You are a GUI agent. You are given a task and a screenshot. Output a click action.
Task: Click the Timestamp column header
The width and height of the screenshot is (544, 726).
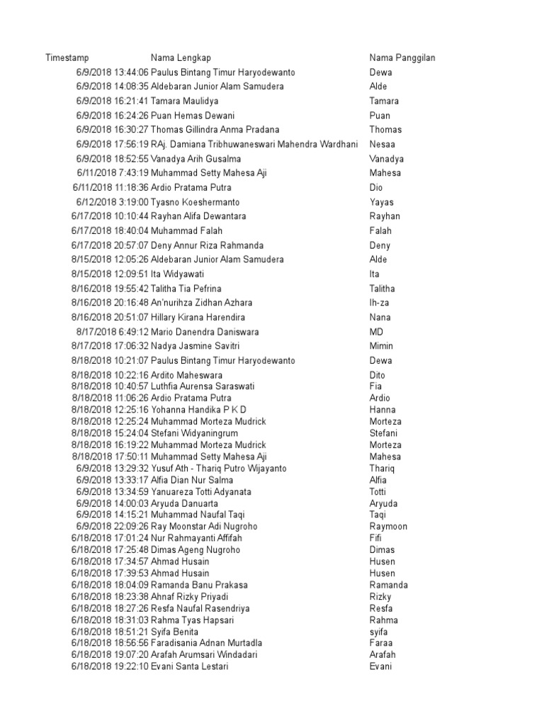pyautogui.click(x=67, y=58)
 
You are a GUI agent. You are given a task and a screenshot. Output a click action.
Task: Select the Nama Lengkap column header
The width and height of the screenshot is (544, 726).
pyautogui.click(x=181, y=58)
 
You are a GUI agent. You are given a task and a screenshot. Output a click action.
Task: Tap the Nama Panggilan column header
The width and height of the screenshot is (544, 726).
pyautogui.click(x=402, y=58)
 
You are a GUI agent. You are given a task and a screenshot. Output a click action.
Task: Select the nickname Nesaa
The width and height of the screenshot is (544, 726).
pyautogui.click(x=383, y=145)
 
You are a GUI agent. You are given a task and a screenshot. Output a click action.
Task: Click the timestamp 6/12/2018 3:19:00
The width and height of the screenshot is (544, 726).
pyautogui.click(x=112, y=202)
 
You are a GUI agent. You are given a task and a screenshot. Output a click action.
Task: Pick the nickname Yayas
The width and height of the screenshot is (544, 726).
pyautogui.click(x=382, y=202)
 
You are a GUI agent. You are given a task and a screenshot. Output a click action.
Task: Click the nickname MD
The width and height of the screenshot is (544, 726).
pyautogui.click(x=376, y=332)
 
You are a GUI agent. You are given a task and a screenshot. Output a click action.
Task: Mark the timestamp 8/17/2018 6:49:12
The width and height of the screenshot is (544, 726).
pyautogui.click(x=112, y=332)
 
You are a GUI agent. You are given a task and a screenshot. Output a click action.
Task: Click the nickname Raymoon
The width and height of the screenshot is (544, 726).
pyautogui.click(x=388, y=527)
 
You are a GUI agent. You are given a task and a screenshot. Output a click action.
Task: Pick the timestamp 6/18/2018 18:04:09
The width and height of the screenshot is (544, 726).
pyautogui.click(x=110, y=585)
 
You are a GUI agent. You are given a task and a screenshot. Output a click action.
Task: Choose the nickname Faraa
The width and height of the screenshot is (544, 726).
pyautogui.click(x=382, y=643)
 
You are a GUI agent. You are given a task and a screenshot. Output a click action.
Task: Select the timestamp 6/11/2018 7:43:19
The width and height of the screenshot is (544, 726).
pyautogui.click(x=112, y=173)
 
